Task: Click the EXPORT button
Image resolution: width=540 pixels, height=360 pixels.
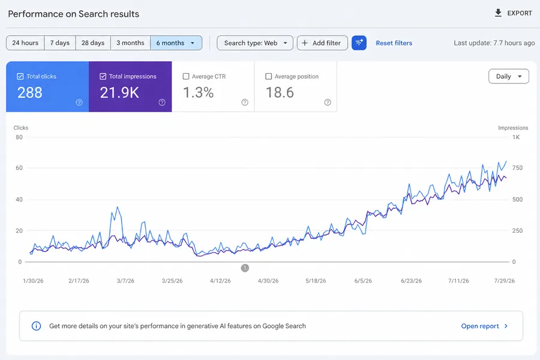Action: tap(513, 13)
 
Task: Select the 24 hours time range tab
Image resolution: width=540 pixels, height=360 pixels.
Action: tap(25, 43)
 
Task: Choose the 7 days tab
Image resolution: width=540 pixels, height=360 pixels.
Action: tap(60, 43)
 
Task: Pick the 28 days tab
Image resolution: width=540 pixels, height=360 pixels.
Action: tap(93, 43)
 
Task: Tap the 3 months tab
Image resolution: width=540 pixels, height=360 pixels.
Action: tap(130, 43)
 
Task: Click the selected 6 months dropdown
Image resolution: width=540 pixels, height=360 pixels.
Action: tap(176, 43)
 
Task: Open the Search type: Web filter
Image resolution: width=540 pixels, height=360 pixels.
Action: tap(255, 43)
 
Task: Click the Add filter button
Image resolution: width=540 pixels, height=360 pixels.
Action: tap(322, 43)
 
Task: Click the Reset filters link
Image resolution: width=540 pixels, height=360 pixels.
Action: tap(394, 43)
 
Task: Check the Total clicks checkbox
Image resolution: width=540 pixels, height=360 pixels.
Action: tap(20, 76)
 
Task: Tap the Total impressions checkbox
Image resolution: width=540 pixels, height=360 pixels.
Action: tap(103, 76)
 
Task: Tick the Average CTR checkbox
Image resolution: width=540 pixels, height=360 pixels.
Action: tap(186, 76)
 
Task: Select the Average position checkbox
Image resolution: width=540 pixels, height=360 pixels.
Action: tap(269, 76)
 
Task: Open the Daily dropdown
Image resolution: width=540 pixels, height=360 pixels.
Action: tap(509, 76)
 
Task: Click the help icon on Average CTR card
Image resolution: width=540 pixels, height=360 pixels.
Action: tap(245, 103)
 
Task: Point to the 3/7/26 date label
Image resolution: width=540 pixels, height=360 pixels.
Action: tap(125, 281)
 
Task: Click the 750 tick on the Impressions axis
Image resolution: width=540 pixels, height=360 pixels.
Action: tap(517, 168)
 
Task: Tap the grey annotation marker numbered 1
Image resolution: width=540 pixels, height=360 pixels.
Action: tap(245, 268)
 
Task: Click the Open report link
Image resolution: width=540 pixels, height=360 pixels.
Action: tap(484, 326)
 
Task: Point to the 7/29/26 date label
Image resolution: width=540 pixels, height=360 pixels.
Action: tap(505, 281)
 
